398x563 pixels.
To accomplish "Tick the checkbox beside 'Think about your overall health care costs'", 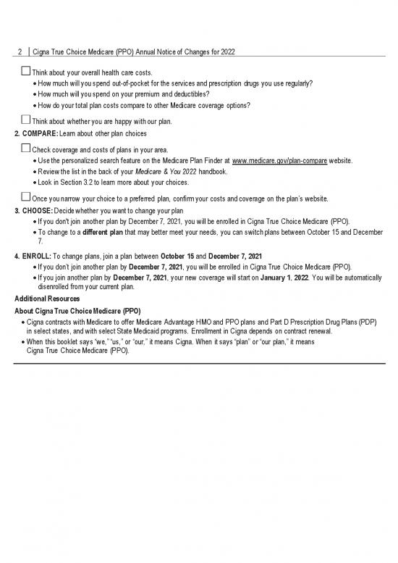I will coord(26,72).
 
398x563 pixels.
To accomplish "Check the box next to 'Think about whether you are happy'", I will coord(26,120).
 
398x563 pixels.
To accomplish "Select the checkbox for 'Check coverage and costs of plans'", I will coord(26,148).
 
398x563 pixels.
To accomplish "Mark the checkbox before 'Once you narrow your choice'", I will coord(26,196).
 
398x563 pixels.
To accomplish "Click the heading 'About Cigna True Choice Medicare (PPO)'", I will coord(77,310).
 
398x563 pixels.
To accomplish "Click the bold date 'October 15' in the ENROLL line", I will coord(203,256).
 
